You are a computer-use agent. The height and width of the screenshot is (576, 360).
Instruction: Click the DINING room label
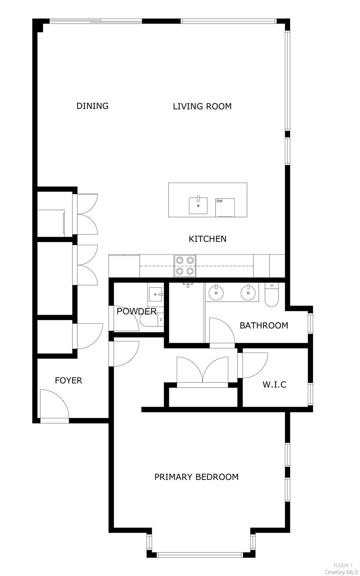pyautogui.click(x=92, y=106)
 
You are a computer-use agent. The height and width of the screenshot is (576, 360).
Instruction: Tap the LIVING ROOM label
pyautogui.click(x=202, y=107)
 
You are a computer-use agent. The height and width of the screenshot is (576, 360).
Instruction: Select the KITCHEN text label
pyautogui.click(x=207, y=239)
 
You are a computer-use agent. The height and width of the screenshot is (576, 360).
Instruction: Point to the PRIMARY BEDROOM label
pyautogui.click(x=196, y=477)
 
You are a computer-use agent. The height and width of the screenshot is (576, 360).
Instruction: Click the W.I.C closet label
pyautogui.click(x=274, y=385)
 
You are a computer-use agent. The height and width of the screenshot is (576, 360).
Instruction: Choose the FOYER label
pyautogui.click(x=68, y=380)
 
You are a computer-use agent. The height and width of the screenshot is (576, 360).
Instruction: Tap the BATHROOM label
pyautogui.click(x=264, y=325)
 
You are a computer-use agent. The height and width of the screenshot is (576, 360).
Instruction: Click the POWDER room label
pyautogui.click(x=136, y=311)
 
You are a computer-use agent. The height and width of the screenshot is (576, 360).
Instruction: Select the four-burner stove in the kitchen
pyautogui.click(x=185, y=265)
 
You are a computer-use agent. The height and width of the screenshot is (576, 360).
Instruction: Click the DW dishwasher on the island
pyautogui.click(x=225, y=208)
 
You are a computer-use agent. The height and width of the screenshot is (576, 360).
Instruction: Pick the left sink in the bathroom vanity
pyautogui.click(x=216, y=293)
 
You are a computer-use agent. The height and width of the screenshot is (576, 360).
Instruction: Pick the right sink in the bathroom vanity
pyautogui.click(x=248, y=293)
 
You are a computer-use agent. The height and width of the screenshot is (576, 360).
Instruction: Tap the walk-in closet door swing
pyautogui.click(x=254, y=365)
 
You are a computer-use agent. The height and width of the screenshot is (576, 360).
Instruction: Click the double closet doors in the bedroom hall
pyautogui.click(x=202, y=370)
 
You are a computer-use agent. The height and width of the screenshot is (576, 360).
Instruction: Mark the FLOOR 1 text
pyautogui.click(x=343, y=565)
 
